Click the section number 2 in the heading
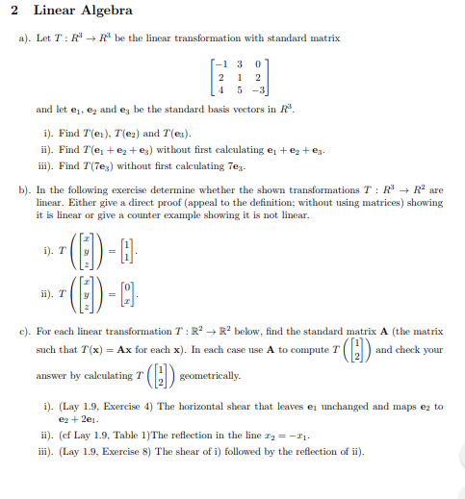pyautogui.click(x=25, y=11)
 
